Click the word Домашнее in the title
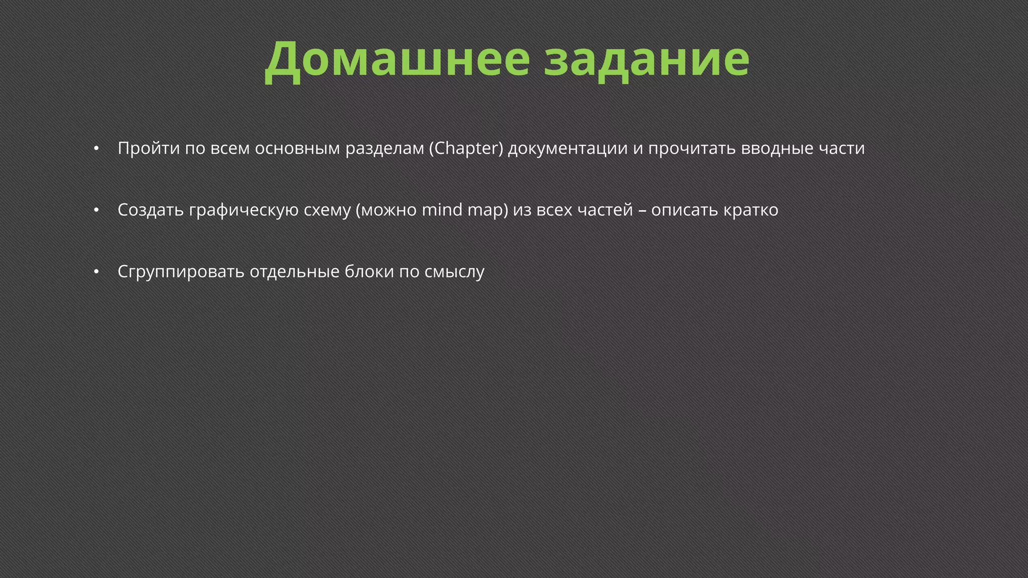tap(397, 59)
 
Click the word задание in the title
tap(647, 59)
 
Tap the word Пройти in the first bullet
tap(149, 149)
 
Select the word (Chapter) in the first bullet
tap(466, 149)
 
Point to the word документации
tap(568, 149)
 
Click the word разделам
tap(384, 149)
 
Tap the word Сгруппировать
tap(181, 272)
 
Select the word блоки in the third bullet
tap(369, 271)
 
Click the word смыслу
tap(454, 272)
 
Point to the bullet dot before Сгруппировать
tap(96, 272)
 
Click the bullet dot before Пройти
tap(96, 149)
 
